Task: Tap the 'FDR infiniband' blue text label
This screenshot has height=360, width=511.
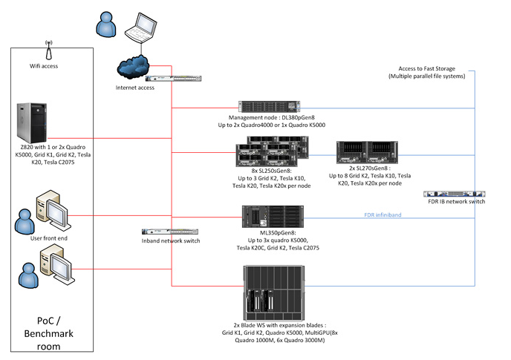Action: pos(383,215)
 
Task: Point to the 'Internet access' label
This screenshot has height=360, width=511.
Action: pos(135,88)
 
